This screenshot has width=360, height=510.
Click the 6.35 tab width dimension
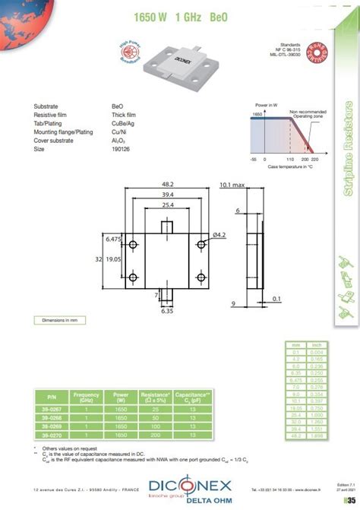tap(166, 311)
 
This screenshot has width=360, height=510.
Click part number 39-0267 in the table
tap(52, 409)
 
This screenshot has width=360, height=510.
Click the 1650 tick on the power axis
tap(257, 112)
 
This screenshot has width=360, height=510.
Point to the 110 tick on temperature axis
tap(289, 160)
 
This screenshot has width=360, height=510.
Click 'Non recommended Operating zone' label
tap(305, 113)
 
